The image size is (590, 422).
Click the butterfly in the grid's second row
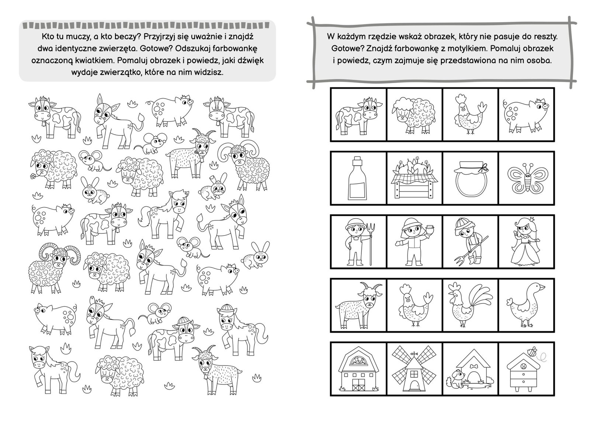point(528,178)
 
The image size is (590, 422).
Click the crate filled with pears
point(414,181)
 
